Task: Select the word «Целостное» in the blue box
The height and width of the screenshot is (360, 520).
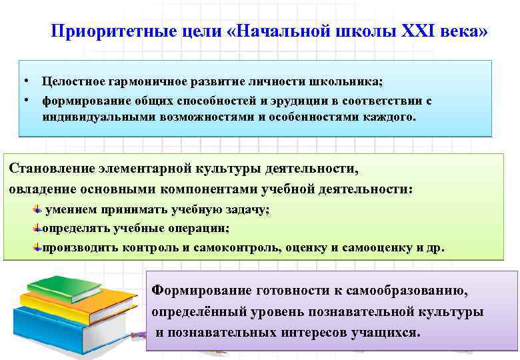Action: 73,81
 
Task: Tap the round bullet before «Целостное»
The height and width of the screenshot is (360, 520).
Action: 23,81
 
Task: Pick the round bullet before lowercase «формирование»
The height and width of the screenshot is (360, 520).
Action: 23,100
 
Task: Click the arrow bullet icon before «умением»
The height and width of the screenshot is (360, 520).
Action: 38,209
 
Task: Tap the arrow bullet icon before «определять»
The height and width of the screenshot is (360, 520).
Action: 38,228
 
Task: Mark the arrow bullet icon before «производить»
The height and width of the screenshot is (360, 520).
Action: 38,247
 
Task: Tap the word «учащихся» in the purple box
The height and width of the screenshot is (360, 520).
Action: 385,332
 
